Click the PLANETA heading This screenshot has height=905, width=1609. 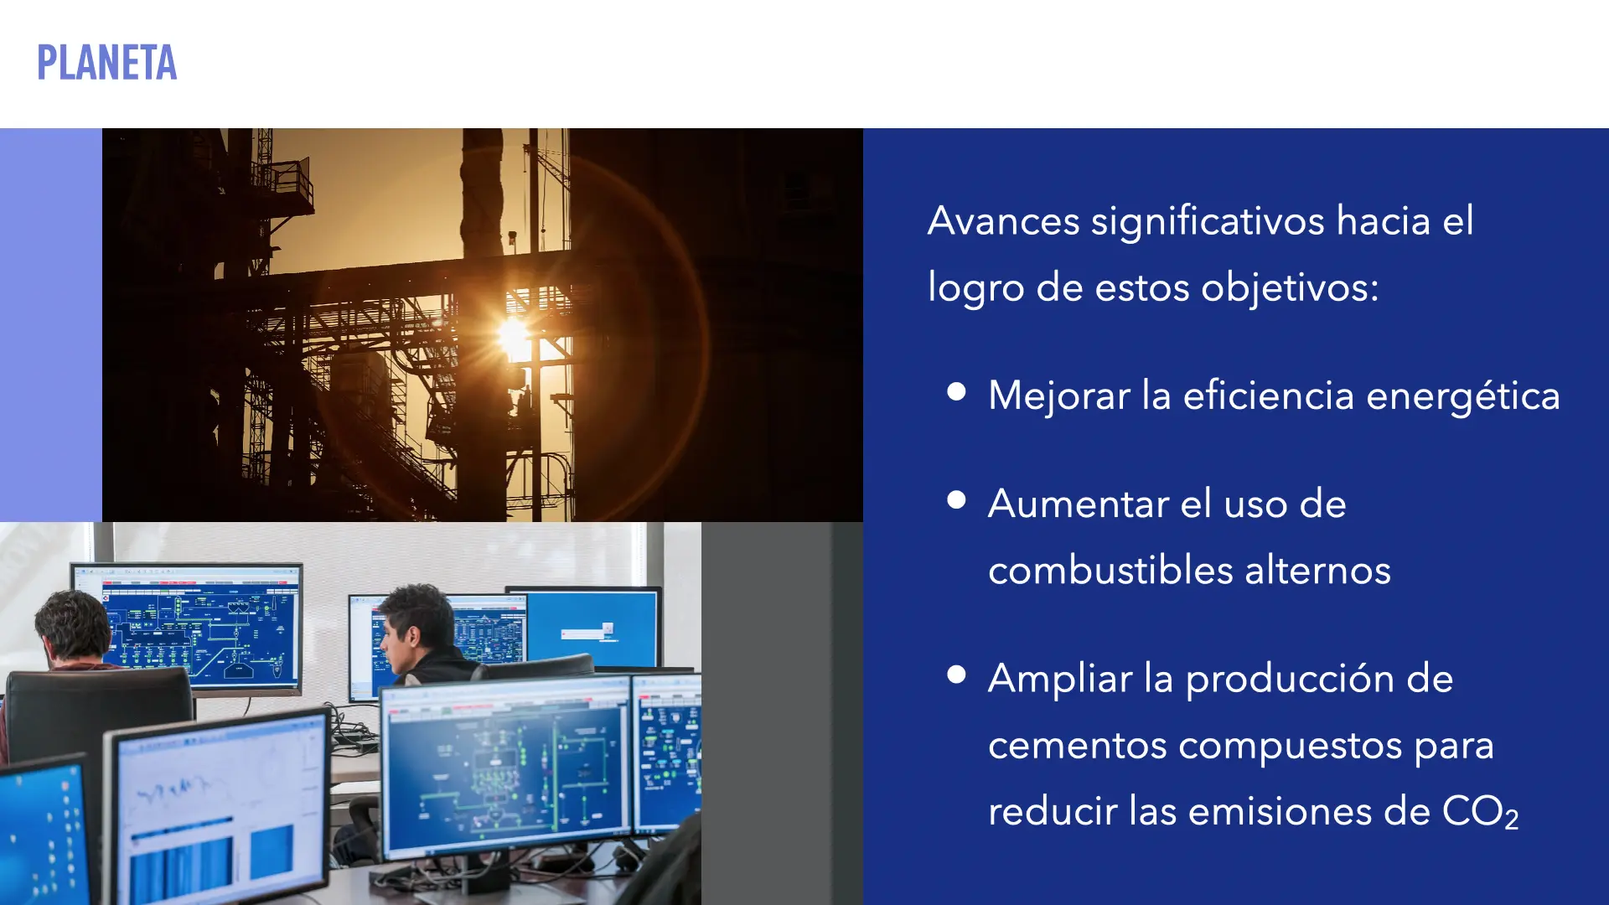pos(107,63)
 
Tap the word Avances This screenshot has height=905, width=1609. pos(1004,221)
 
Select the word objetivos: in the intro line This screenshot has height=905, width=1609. pos(1290,288)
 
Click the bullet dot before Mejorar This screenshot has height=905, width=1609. pos(956,391)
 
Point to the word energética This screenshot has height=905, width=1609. pos(1463,396)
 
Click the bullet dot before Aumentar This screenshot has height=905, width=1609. pos(956,499)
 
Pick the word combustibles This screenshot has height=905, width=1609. pos(1111,570)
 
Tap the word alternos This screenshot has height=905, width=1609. pos(1318,570)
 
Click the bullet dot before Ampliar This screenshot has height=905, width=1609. pos(956,675)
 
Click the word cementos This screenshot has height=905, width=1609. pos(1078,746)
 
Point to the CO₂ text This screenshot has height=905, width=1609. pos(1480,812)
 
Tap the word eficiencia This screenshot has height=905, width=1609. pos(1268,396)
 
